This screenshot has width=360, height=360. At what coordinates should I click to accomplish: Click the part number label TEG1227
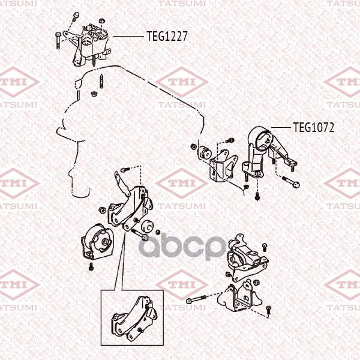(x=167, y=36)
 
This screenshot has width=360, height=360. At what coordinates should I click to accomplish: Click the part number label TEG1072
(x=314, y=127)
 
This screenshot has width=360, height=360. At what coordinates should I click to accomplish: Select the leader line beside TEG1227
(x=128, y=36)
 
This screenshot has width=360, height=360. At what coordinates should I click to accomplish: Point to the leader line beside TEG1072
(x=281, y=127)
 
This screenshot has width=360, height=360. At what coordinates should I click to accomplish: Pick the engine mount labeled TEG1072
(x=269, y=152)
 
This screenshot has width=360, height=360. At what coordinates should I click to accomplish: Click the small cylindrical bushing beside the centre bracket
(x=148, y=226)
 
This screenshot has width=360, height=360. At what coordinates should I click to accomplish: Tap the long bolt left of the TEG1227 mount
(x=58, y=41)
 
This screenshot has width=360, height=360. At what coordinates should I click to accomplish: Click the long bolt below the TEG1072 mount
(x=290, y=182)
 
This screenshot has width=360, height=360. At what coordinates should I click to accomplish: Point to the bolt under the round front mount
(x=91, y=266)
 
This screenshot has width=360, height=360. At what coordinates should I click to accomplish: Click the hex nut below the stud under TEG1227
(x=94, y=94)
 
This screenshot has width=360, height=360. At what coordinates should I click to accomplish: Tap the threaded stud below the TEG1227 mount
(x=101, y=81)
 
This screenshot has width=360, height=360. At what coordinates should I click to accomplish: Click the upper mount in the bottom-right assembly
(x=247, y=257)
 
